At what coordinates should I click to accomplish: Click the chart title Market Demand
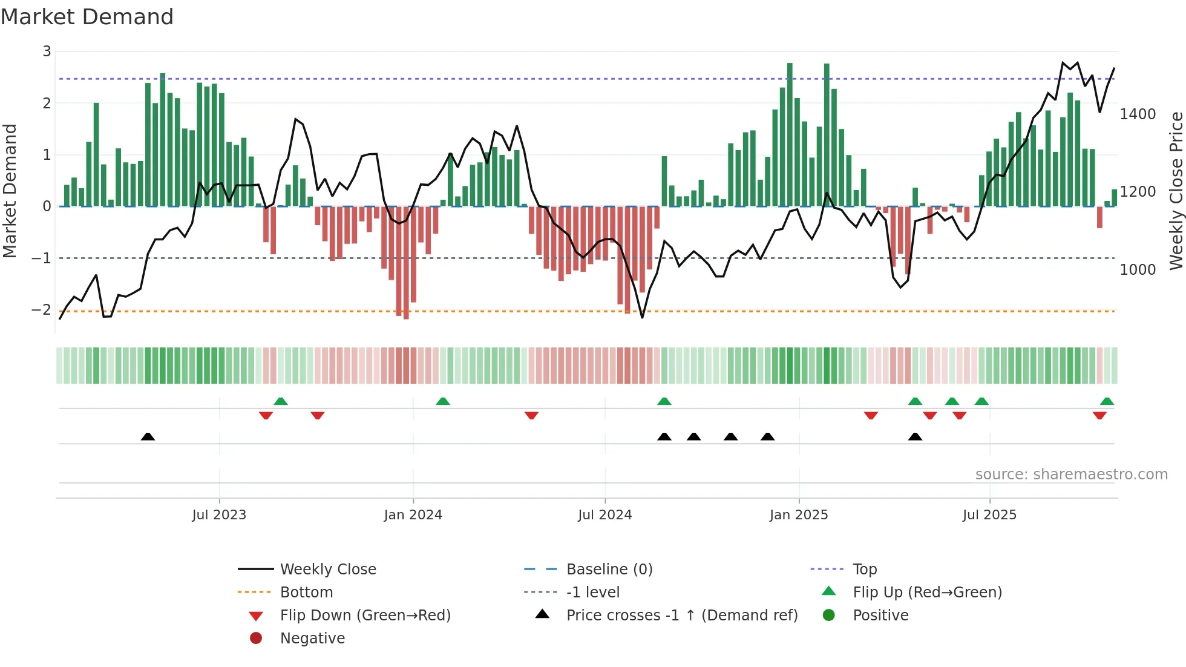pyautogui.click(x=87, y=17)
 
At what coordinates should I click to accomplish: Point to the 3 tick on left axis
pyautogui.click(x=47, y=51)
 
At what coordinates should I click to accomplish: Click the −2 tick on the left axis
pyautogui.click(x=42, y=310)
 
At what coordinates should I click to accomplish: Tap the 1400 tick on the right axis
pyautogui.click(x=1138, y=114)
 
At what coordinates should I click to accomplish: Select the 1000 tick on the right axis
pyautogui.click(x=1138, y=270)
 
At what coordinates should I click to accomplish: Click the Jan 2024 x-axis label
pyautogui.click(x=413, y=515)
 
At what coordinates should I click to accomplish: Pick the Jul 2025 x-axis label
pyautogui.click(x=989, y=515)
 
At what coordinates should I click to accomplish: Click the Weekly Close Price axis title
pyautogui.click(x=1176, y=191)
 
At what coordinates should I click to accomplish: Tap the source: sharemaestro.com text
pyautogui.click(x=1071, y=475)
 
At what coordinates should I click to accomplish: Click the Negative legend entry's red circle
pyautogui.click(x=256, y=639)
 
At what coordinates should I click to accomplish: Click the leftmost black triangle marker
pyautogui.click(x=148, y=436)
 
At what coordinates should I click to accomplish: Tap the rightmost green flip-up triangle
pyautogui.click(x=1107, y=401)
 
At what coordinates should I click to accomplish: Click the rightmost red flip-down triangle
pyautogui.click(x=1099, y=415)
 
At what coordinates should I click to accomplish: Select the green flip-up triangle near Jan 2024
pyautogui.click(x=443, y=401)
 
